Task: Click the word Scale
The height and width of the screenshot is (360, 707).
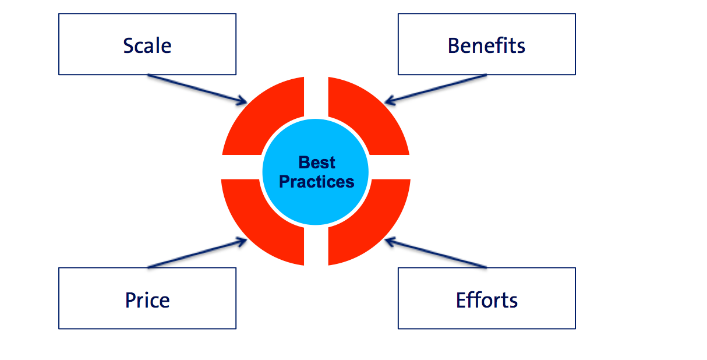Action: [x=147, y=46]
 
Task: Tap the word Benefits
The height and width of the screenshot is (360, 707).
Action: [x=486, y=46]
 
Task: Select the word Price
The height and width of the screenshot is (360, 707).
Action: [x=147, y=300]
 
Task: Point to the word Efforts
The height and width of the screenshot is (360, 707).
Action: [x=487, y=300]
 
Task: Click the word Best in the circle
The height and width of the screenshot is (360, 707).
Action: [x=317, y=163]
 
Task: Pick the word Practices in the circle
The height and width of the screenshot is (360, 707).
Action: [x=317, y=182]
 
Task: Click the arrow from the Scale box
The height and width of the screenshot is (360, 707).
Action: [x=197, y=89]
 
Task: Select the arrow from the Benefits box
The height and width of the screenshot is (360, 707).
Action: [x=436, y=89]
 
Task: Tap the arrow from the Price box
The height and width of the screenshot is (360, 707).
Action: [x=197, y=253]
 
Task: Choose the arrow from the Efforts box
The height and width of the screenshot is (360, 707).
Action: [x=436, y=253]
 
